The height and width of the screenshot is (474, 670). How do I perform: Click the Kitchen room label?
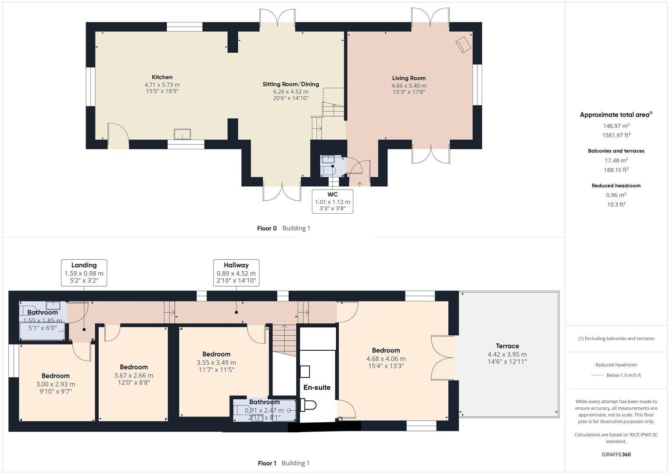click(162, 77)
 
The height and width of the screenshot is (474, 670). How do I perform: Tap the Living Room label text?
click(408, 78)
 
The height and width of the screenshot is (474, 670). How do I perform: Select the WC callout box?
click(332, 201)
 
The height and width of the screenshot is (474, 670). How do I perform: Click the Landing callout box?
click(84, 273)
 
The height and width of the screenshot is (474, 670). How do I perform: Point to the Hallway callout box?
click(236, 273)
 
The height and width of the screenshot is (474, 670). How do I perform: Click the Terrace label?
click(507, 346)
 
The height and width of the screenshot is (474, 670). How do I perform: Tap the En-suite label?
click(317, 388)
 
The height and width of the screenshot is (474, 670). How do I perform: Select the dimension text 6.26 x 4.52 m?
click(290, 92)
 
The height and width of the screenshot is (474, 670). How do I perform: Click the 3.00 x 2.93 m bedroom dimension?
click(56, 384)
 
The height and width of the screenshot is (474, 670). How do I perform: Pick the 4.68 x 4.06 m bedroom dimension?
click(386, 359)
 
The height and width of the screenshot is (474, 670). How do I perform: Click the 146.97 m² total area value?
click(616, 126)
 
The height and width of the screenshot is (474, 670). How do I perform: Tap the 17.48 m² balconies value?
click(616, 161)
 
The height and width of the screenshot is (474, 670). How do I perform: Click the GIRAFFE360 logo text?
click(616, 454)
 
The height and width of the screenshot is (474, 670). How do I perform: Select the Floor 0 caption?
click(267, 228)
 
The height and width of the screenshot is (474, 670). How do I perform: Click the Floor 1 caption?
click(267, 463)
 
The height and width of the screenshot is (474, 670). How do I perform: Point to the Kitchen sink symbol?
click(183, 133)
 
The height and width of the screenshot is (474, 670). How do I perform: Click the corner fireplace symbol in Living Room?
click(463, 44)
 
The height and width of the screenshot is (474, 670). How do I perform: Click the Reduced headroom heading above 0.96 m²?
click(616, 186)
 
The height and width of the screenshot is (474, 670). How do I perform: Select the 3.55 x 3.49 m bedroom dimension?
click(216, 363)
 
